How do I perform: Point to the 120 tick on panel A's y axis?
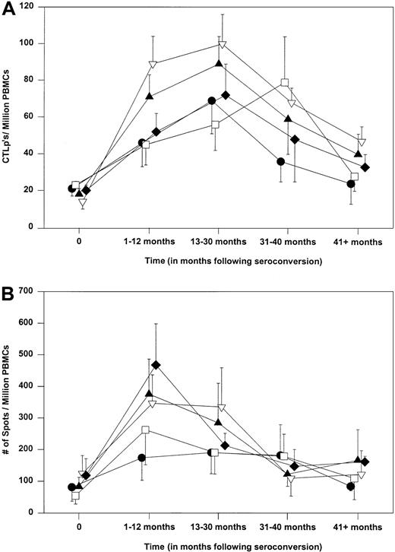click(x=39, y=7)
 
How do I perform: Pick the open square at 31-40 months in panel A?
click(x=285, y=83)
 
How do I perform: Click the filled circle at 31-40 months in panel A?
click(x=281, y=162)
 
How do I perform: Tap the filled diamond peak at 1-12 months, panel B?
click(x=156, y=365)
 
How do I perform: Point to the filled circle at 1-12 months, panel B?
click(x=141, y=458)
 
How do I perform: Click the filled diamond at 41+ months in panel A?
click(x=365, y=167)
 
